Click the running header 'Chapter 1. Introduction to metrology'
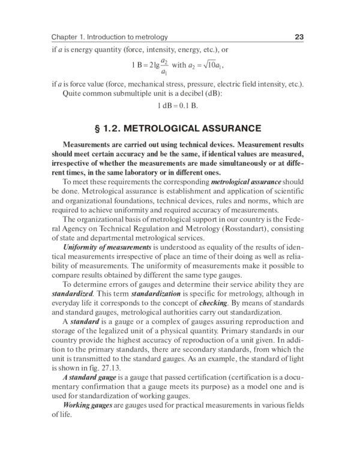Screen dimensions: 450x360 point(109,37)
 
